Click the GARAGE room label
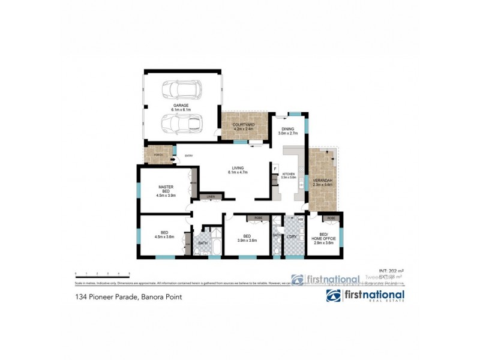tap(181, 106)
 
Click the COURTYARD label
tap(243, 125)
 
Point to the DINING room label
tap(287, 130)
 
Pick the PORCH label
tap(158, 155)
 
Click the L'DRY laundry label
tap(292, 237)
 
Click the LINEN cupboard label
tap(211, 197)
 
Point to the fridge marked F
tap(275, 169)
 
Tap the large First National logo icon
tap(334, 296)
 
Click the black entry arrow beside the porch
tap(172, 159)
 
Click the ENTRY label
tap(188, 156)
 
